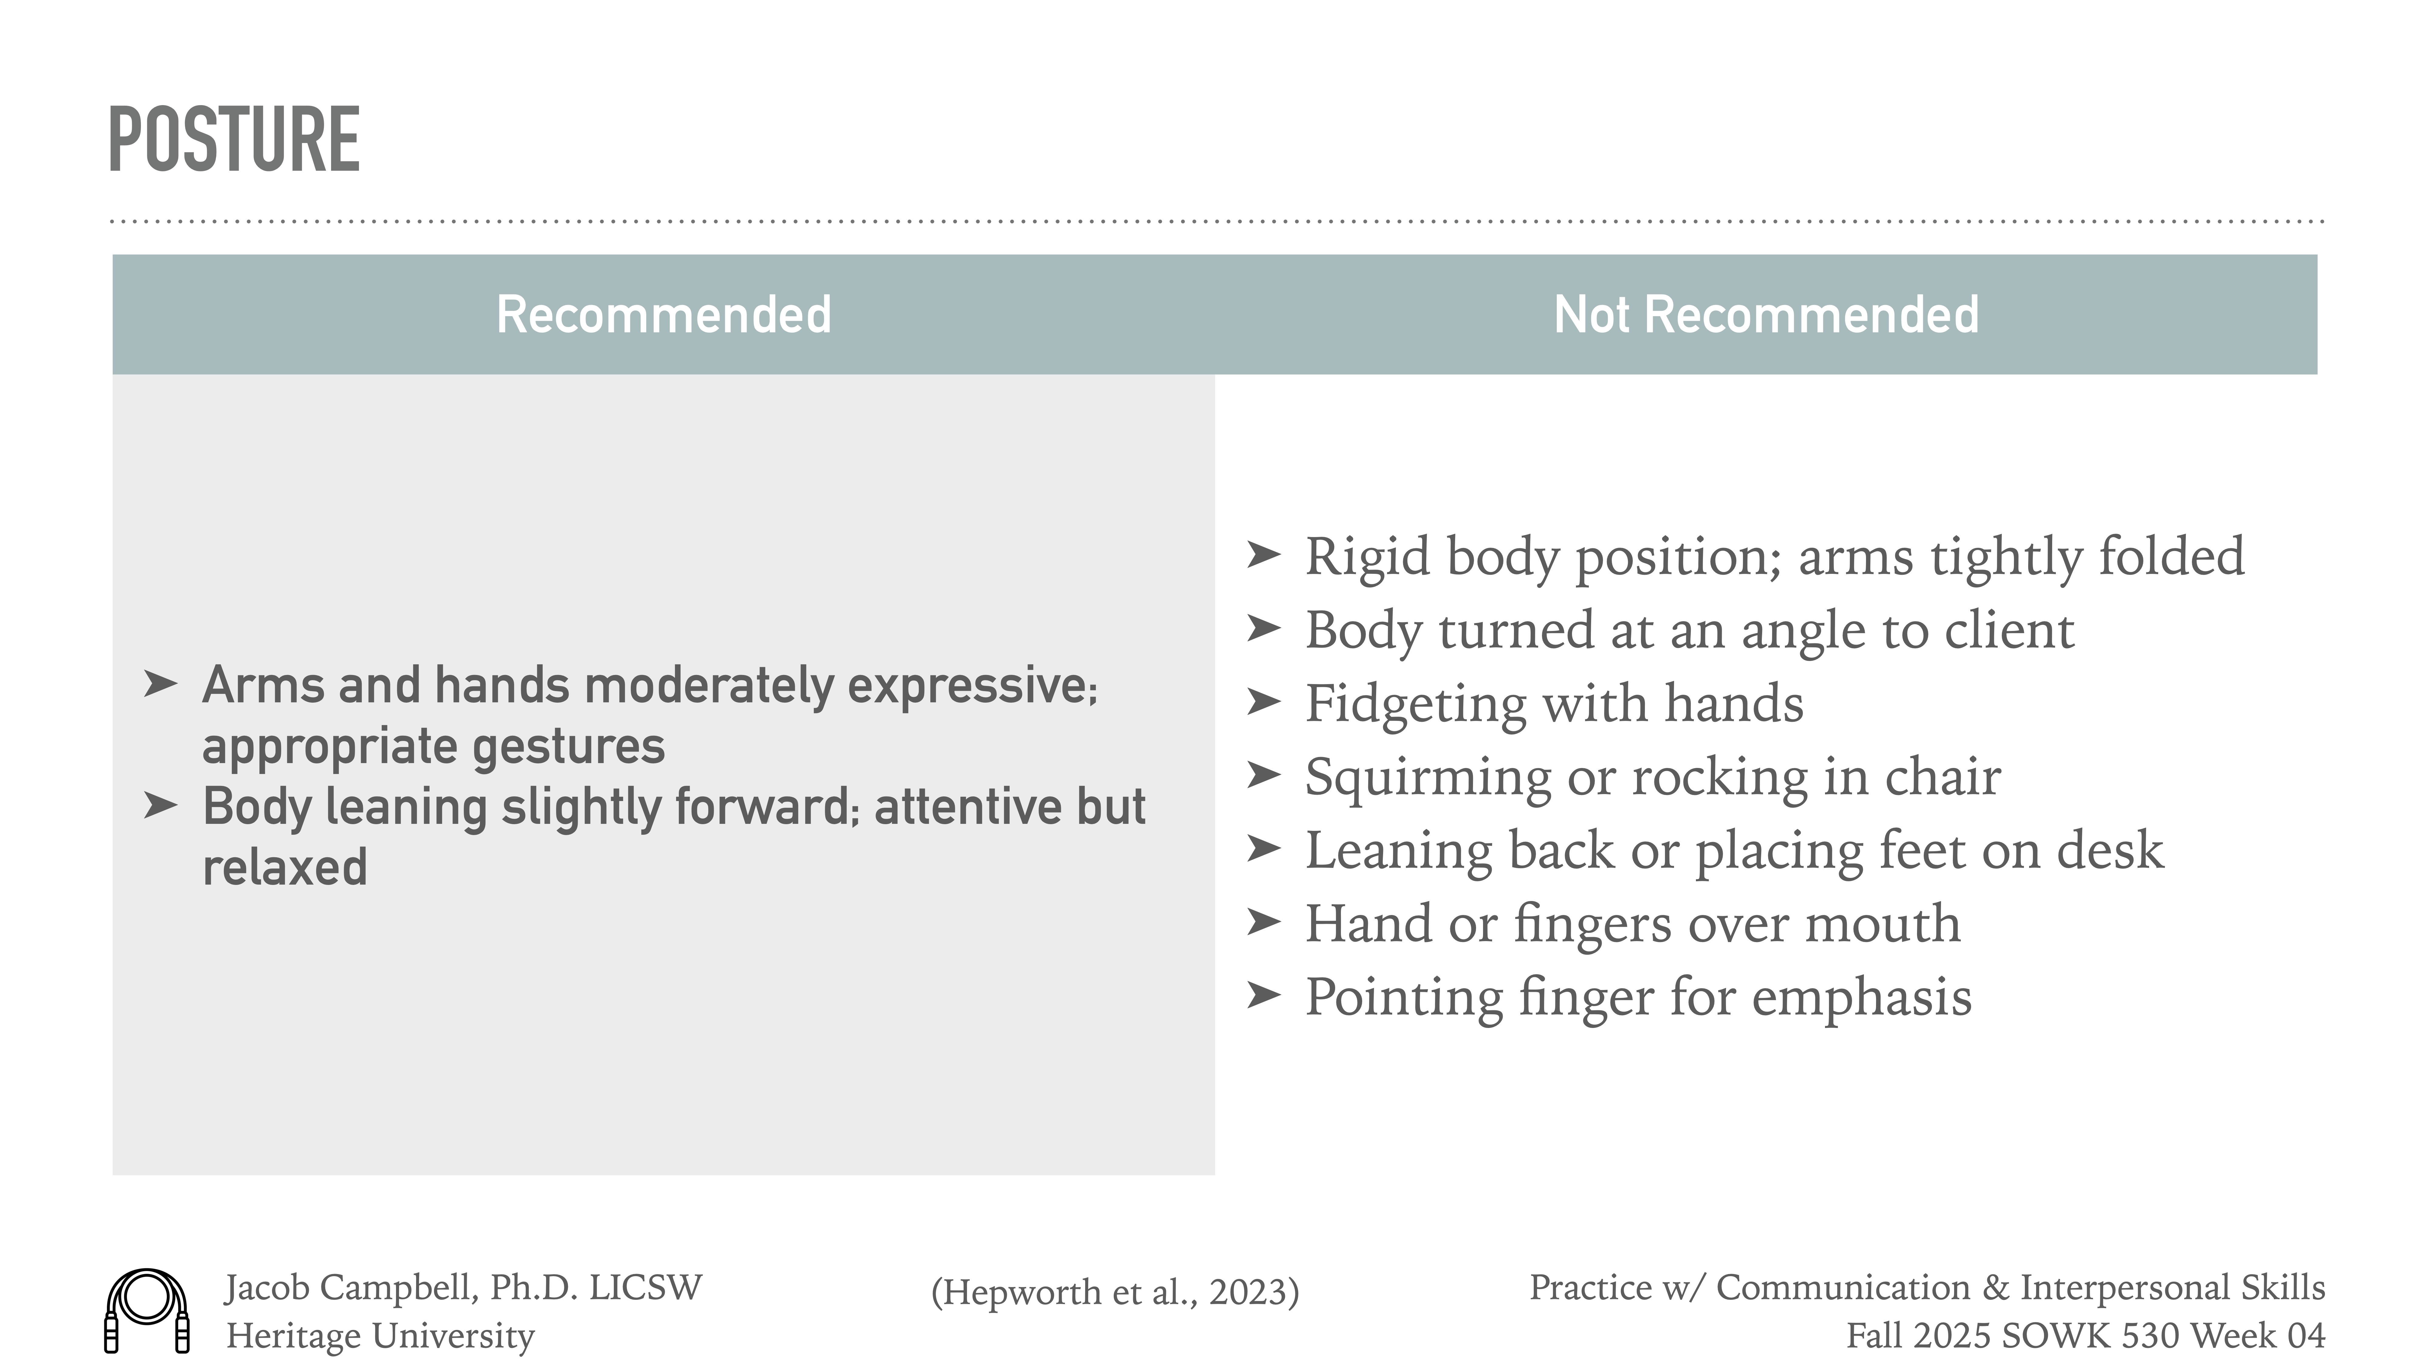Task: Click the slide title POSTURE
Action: pyautogui.click(x=234, y=140)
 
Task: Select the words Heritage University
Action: pyautogui.click(x=380, y=1336)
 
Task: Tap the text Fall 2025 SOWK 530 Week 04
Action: pyautogui.click(x=2085, y=1336)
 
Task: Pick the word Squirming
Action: pyautogui.click(x=1427, y=777)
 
